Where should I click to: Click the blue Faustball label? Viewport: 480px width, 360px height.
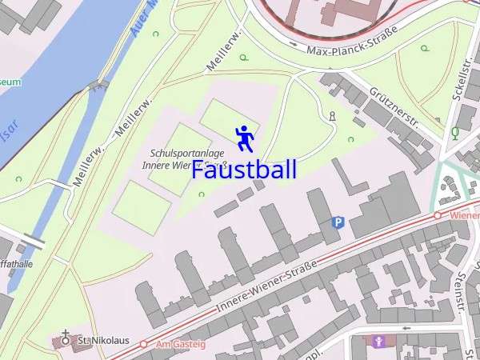[x=244, y=170]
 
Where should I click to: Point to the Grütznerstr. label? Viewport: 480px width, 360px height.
[x=394, y=107]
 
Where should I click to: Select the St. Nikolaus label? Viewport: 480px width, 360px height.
[x=103, y=341]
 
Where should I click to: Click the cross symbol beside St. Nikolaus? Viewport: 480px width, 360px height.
[x=66, y=340]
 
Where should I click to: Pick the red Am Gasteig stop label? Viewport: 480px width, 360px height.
[x=181, y=344]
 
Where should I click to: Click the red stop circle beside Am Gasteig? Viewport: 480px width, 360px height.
[x=144, y=344]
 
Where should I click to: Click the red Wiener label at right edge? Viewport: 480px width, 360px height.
[x=464, y=216]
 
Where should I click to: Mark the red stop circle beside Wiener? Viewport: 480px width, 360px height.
[x=438, y=216]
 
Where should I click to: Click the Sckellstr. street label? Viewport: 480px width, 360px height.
[x=460, y=80]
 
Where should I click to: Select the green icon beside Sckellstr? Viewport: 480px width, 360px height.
[x=455, y=132]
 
